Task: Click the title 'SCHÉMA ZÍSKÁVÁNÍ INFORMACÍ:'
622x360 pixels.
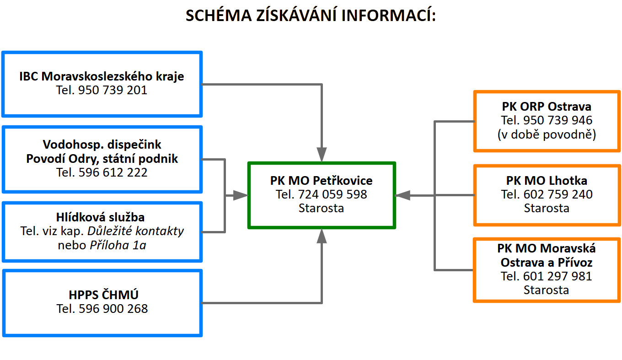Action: [311, 16]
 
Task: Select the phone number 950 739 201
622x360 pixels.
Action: [113, 90]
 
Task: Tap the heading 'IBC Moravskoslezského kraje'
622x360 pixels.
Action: [102, 76]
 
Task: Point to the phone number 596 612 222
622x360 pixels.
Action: [113, 172]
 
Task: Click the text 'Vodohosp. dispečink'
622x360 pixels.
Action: [102, 145]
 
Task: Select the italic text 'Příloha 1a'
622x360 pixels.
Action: [118, 245]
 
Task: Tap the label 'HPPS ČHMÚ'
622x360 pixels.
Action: [102, 295]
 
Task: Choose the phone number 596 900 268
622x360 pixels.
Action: [113, 309]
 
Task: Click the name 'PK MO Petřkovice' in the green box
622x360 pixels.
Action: [321, 180]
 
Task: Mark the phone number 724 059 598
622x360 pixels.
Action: [332, 194]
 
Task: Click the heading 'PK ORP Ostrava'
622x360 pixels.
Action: [546, 107]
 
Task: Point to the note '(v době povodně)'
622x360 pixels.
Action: [546, 134]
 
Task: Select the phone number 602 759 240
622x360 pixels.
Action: [558, 194]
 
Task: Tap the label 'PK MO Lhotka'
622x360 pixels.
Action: [547, 180]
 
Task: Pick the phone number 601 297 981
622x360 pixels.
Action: [558, 276]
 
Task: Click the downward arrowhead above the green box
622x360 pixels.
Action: [322, 154]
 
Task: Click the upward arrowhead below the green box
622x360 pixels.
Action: [322, 236]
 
